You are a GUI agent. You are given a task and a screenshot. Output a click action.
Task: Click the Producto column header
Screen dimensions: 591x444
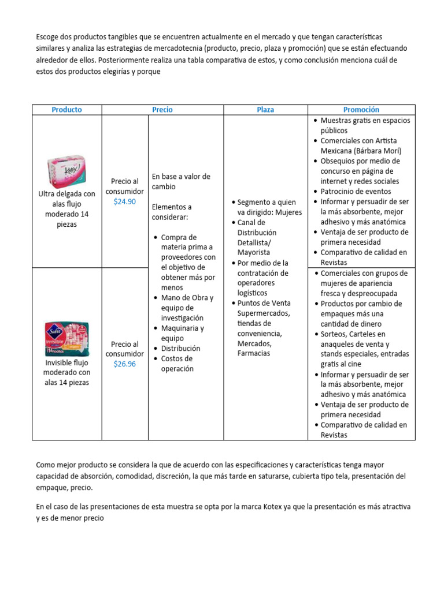pyautogui.click(x=66, y=110)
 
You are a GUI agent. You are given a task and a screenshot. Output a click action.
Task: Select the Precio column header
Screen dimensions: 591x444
pyautogui.click(x=162, y=110)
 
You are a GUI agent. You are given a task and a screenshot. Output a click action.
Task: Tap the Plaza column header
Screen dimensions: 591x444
pyautogui.click(x=265, y=110)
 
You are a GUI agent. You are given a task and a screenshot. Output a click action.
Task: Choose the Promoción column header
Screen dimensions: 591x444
pyautogui.click(x=361, y=110)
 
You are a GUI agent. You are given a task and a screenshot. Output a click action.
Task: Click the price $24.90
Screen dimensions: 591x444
pyautogui.click(x=125, y=201)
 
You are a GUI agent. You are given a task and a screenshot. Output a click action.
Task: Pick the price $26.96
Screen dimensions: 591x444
pyautogui.click(x=125, y=364)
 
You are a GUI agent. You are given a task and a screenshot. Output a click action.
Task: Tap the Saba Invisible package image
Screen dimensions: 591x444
pyautogui.click(x=66, y=339)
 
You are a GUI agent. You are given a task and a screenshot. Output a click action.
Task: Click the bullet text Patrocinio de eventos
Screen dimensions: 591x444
pyautogui.click(x=356, y=191)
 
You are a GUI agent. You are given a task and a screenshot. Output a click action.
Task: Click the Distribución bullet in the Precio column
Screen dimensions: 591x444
pyautogui.click(x=180, y=349)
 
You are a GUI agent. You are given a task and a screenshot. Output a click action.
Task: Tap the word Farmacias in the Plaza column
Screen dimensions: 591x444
pyautogui.click(x=253, y=353)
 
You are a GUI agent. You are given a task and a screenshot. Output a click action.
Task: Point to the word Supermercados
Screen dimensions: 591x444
pyautogui.click(x=264, y=313)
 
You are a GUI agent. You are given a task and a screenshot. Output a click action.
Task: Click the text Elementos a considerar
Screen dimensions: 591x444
pyautogui.click(x=172, y=212)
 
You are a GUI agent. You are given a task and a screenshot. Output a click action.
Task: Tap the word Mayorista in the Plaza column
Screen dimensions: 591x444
pyautogui.click(x=254, y=252)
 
